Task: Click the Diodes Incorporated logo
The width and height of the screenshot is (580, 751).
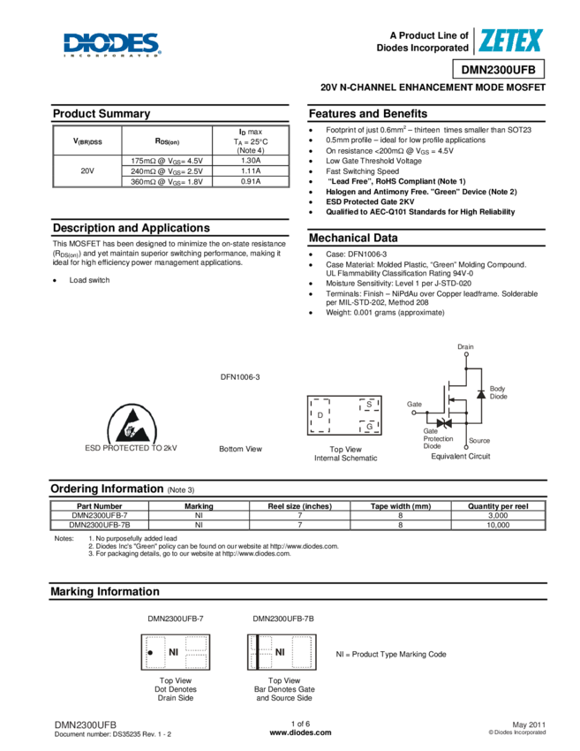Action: click(x=112, y=44)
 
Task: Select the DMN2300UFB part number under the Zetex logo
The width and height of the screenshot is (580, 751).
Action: click(x=498, y=70)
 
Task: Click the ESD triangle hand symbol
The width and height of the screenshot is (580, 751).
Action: click(x=133, y=424)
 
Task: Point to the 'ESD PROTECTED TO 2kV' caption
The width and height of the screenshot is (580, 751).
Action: click(x=132, y=448)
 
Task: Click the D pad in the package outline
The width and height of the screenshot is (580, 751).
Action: click(x=320, y=415)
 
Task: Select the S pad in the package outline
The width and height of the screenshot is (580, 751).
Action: click(x=369, y=405)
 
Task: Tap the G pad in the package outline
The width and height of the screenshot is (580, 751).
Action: click(x=369, y=427)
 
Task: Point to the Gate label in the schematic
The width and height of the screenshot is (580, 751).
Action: click(x=414, y=404)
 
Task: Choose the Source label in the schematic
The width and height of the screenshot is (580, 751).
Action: click(x=479, y=439)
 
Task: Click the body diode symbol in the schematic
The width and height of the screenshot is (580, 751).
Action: click(x=480, y=393)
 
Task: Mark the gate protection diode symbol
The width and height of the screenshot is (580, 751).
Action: click(x=445, y=423)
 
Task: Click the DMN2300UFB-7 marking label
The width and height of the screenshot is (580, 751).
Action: click(x=175, y=619)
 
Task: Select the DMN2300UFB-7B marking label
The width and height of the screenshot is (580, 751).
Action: click(x=282, y=619)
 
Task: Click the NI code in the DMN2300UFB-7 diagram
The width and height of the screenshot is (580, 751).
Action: click(x=174, y=652)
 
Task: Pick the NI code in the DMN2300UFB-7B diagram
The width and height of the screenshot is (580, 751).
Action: click(x=280, y=652)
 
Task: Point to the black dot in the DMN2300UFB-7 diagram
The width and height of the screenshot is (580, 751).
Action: click(x=150, y=653)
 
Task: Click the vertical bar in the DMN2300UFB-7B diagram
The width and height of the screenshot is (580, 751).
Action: click(x=257, y=652)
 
